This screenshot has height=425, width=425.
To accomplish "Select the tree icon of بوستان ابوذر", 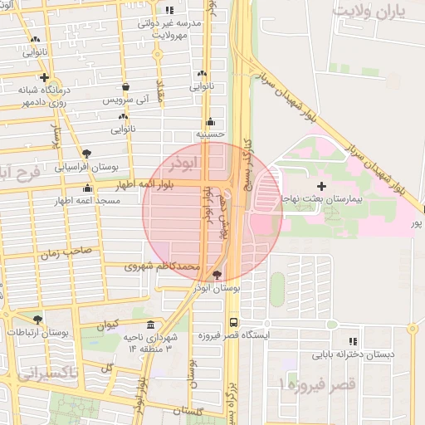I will [x=217, y=275].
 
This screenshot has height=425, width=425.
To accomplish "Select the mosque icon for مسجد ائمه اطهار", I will [x=88, y=188].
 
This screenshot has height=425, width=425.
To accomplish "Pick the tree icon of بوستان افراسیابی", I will [x=87, y=153].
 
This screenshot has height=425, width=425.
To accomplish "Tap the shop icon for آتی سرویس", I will [x=125, y=86].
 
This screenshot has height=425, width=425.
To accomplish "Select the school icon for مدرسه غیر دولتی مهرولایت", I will [x=169, y=11].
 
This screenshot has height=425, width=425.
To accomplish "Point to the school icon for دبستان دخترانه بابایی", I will [x=353, y=340].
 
